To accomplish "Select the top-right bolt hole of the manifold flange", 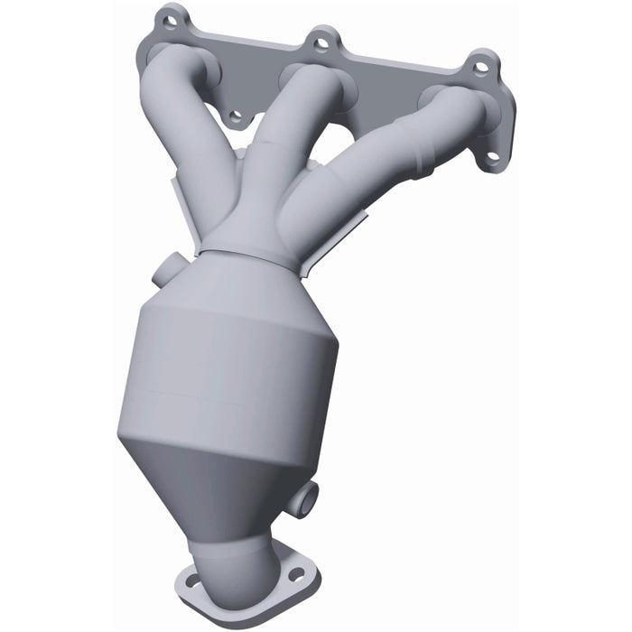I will point(482,66).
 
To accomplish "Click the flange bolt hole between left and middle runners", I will point(237,116).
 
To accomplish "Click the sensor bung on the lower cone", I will point(306,498).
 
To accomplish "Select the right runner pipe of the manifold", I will point(379,163).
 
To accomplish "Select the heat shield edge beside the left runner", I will point(175,194).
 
